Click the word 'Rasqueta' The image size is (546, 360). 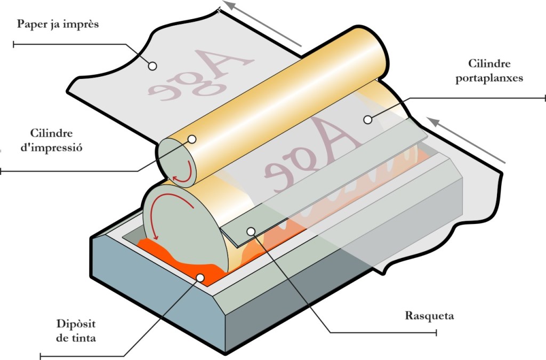coord(429,316)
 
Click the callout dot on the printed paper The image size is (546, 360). coord(152,66)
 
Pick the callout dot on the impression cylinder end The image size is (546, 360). coord(192,139)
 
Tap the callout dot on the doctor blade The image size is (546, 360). coord(251,231)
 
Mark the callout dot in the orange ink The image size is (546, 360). coord(200,278)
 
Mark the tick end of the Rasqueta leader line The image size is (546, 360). coord(437,333)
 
